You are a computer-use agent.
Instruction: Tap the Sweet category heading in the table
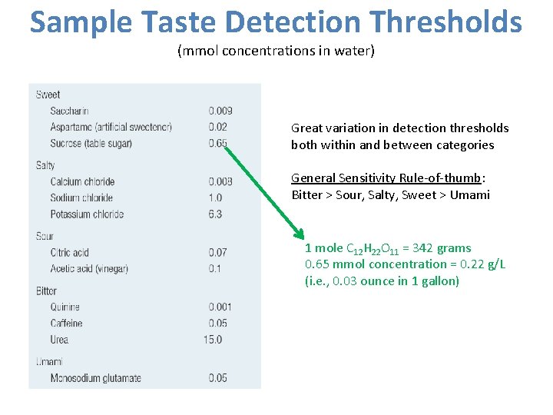click(x=48, y=95)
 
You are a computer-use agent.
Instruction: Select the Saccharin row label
click(x=69, y=111)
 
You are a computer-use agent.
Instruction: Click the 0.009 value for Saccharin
click(x=220, y=111)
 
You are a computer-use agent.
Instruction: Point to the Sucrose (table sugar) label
click(x=91, y=144)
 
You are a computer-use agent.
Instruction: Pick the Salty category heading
click(x=45, y=165)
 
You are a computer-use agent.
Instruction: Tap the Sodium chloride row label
click(x=81, y=198)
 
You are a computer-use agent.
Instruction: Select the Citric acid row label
click(x=70, y=253)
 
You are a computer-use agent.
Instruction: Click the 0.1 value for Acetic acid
click(x=214, y=269)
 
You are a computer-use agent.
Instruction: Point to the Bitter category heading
click(x=46, y=291)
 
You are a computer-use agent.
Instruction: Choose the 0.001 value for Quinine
click(x=220, y=307)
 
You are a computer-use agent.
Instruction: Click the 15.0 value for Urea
click(x=213, y=340)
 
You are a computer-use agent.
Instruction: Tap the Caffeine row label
click(x=66, y=324)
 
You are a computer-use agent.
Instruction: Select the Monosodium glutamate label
click(x=95, y=378)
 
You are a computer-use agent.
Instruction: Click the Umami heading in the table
click(x=49, y=361)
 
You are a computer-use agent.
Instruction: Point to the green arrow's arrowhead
click(x=298, y=235)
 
